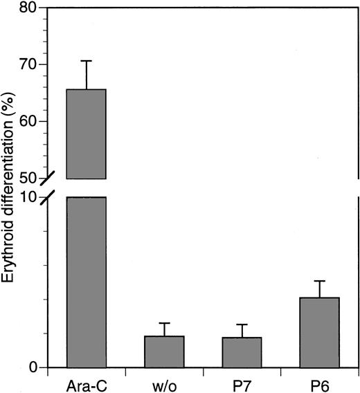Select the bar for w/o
[x=164, y=351]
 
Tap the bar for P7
[x=242, y=352]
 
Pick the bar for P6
[x=319, y=332]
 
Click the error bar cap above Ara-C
[x=87, y=61]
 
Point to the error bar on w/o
[x=164, y=329]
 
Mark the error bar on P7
[x=242, y=330]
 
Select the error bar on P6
[x=319, y=289]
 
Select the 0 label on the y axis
[x=33, y=367]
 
